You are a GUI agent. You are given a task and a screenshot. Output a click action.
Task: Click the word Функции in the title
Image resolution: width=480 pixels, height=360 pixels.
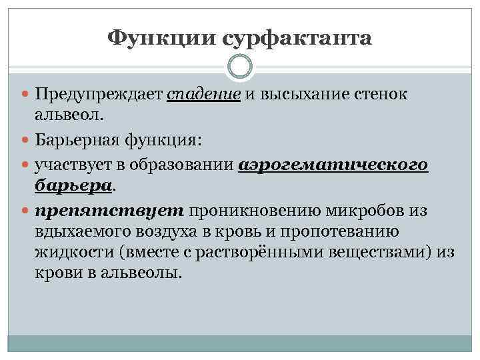(x=161, y=37)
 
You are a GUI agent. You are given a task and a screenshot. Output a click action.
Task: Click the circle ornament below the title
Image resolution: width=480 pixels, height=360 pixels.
(x=240, y=67)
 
